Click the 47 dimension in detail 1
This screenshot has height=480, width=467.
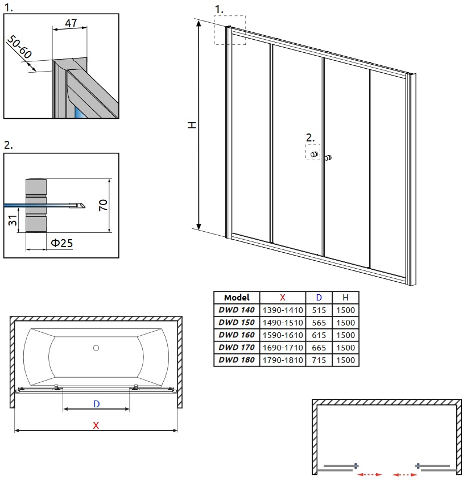[71, 23]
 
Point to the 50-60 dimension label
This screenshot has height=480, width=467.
[19, 47]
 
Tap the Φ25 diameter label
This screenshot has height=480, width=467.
[61, 243]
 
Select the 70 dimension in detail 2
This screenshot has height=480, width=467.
[104, 205]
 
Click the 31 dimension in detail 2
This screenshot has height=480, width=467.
[13, 220]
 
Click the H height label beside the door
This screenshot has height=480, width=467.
[192, 125]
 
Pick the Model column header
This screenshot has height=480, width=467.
[237, 298]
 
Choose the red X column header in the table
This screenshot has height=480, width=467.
[282, 298]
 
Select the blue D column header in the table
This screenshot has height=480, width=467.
[319, 298]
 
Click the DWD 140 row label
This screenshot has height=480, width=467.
[237, 310]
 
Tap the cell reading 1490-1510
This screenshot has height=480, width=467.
[283, 323]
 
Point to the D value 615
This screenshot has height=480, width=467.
[319, 335]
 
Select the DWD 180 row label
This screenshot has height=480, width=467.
[237, 360]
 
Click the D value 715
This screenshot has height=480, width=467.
[319, 360]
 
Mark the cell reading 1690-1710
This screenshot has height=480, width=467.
[283, 348]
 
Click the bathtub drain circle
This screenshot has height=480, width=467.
[96, 348]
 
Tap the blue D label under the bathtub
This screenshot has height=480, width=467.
[96, 404]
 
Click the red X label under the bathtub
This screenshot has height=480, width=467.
[96, 425]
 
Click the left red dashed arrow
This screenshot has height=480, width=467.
[370, 474]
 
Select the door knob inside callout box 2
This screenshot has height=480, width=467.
[314, 155]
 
